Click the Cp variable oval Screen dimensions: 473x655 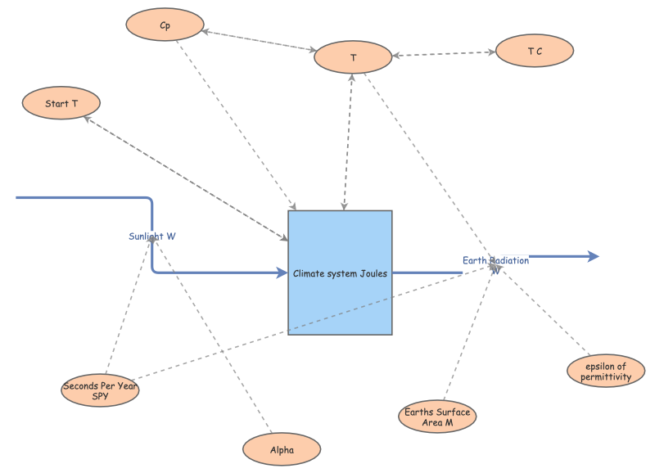(165, 25)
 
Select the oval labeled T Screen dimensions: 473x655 (353, 57)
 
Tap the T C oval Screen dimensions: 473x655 (535, 51)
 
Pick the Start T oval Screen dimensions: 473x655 (61, 103)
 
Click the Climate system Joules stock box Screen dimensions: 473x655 (340, 273)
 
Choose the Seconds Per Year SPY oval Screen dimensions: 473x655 (100, 390)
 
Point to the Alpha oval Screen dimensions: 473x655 (282, 449)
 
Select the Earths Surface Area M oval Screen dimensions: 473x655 (437, 417)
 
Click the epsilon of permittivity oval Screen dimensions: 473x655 (606, 372)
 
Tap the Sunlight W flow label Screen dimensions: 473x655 (152, 236)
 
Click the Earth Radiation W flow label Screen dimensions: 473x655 (495, 261)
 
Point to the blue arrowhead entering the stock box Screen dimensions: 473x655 (281, 273)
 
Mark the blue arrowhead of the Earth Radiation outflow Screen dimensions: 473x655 (593, 256)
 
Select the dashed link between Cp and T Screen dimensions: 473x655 (258, 41)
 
